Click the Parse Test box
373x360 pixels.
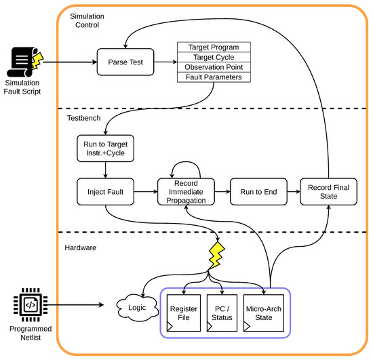pyautogui.click(x=125, y=62)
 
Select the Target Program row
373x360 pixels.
pyautogui.click(x=214, y=47)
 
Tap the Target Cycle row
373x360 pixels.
pyautogui.click(x=214, y=58)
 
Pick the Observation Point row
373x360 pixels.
pyautogui.click(x=214, y=67)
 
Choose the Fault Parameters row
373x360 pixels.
pyautogui.click(x=214, y=77)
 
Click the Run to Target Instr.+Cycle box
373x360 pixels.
pyautogui.click(x=105, y=148)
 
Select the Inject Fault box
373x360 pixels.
pyautogui.click(x=105, y=192)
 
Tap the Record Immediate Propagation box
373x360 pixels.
pyautogui.click(x=186, y=192)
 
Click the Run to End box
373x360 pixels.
pyautogui.click(x=258, y=192)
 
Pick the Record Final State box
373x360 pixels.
pyautogui.click(x=328, y=192)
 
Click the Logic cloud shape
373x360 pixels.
pyautogui.click(x=137, y=308)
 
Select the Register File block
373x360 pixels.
pyautogui.click(x=184, y=313)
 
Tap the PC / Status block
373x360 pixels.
pyautogui.click(x=222, y=313)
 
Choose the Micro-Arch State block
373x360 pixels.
pyautogui.click(x=264, y=313)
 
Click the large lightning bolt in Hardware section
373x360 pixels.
pyautogui.click(x=216, y=256)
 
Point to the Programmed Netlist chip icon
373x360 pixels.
pyautogui.click(x=31, y=305)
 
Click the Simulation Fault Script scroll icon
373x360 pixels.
pyautogui.click(x=25, y=62)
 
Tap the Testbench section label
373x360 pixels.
pyautogui.click(x=83, y=118)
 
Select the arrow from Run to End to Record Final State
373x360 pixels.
pyautogui.click(x=294, y=192)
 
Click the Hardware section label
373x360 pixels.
pyautogui.click(x=81, y=247)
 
